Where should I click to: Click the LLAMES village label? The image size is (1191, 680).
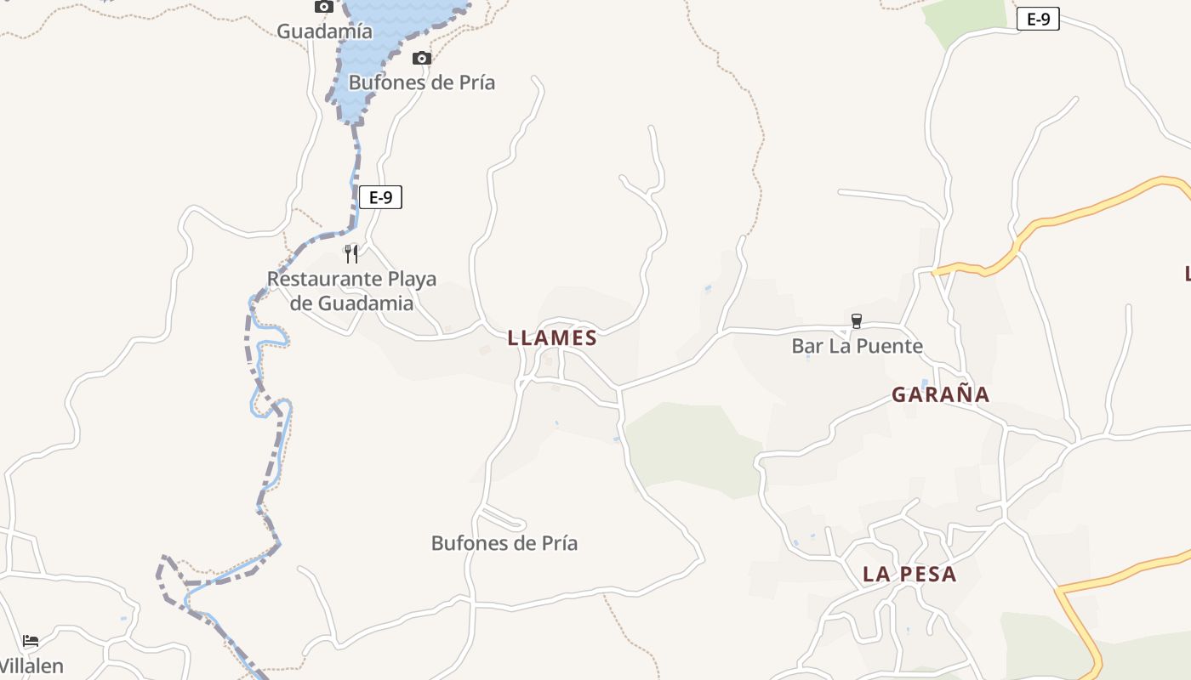(552, 338)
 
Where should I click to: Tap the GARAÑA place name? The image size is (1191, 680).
(940, 394)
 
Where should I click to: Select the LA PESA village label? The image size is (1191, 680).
(909, 575)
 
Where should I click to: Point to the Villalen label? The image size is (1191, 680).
(31, 666)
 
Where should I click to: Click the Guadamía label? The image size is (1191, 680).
(324, 31)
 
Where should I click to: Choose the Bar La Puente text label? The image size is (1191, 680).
(857, 346)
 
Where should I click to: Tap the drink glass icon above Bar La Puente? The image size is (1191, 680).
(857, 321)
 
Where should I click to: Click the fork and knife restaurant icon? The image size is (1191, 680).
(350, 253)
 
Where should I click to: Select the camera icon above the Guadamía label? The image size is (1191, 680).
(323, 7)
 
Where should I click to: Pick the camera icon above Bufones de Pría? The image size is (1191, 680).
(421, 58)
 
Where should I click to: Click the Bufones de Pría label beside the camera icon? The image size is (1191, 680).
(421, 82)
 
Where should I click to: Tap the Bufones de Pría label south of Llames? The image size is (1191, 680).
(504, 543)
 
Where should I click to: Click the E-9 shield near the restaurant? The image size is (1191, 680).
(380, 198)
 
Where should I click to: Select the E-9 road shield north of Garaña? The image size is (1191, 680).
(1038, 20)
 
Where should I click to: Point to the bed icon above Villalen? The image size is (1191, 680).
(31, 640)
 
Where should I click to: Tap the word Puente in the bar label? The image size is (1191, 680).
(890, 346)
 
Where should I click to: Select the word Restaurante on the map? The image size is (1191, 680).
(324, 279)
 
